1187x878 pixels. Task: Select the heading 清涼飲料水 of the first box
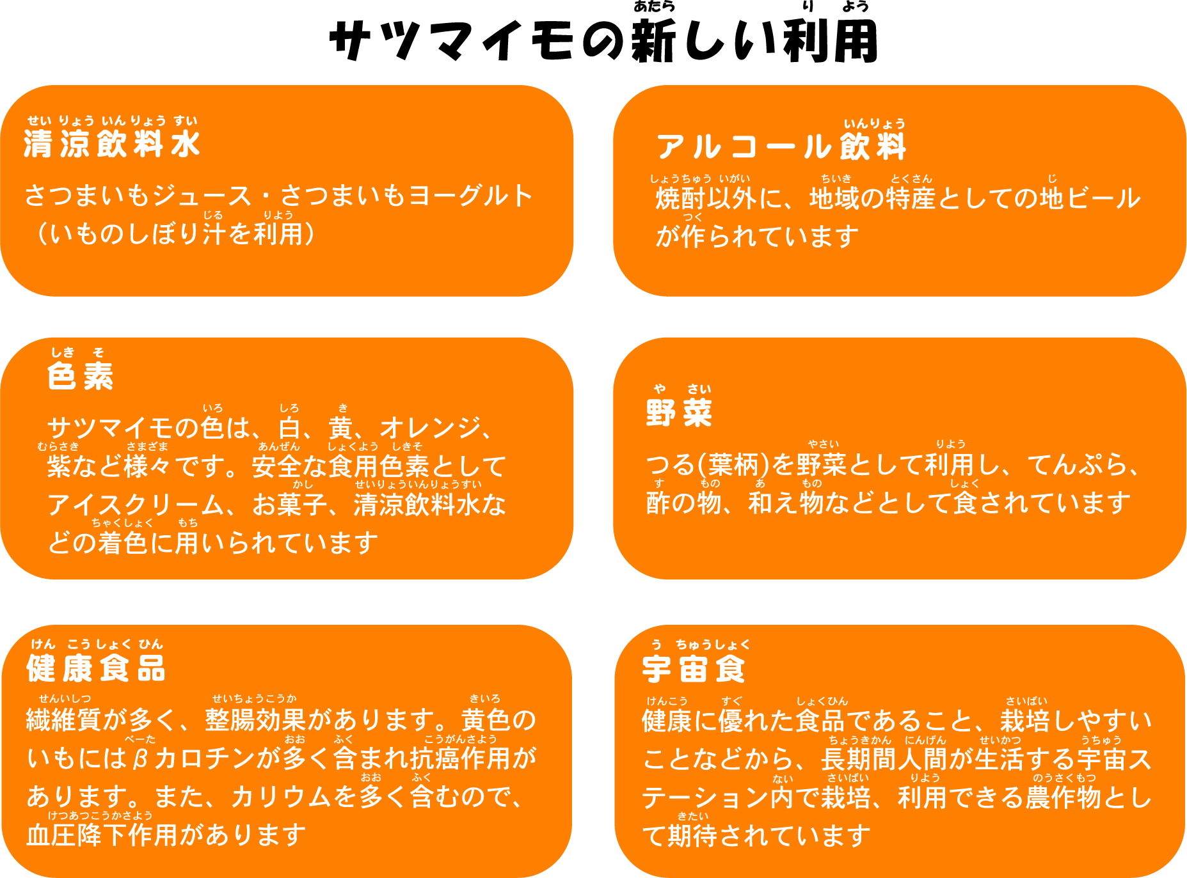[112, 144]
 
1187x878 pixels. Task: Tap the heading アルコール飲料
[781, 147]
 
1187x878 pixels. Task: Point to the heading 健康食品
[96, 669]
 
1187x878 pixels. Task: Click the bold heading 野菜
[679, 412]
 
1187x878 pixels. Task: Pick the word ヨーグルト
[470, 196]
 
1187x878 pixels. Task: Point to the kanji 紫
[59, 466]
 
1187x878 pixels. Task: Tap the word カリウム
[282, 797]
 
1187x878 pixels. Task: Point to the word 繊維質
[64, 721]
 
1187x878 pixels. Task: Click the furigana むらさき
[58, 446]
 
